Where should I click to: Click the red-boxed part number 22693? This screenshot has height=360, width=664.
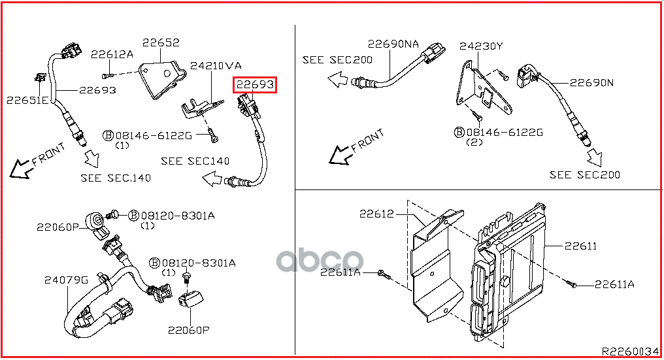[x=255, y=84]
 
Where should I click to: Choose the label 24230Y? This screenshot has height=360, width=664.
[x=481, y=46]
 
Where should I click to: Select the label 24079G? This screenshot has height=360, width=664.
[x=66, y=280]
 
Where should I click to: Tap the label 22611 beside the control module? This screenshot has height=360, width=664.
[x=580, y=246]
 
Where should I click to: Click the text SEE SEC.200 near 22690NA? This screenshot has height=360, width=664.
[x=337, y=60]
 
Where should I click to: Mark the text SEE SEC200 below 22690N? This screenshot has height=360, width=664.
[x=585, y=174]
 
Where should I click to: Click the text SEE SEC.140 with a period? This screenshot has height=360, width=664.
[x=116, y=177]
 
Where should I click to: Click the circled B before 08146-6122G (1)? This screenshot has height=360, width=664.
[x=108, y=135]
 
